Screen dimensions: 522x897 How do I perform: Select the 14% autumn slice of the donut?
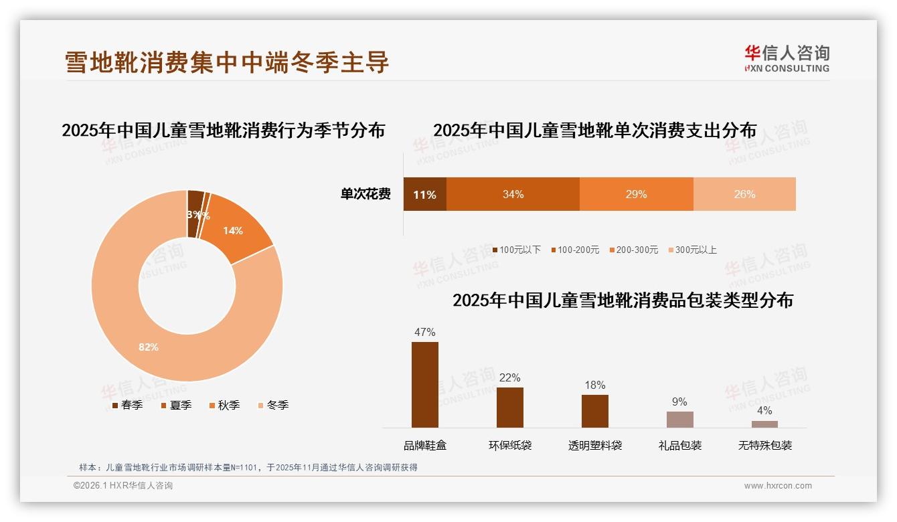click(234, 230)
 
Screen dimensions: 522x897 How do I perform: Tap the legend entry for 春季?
click(127, 405)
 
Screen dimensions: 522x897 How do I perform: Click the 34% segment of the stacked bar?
click(513, 195)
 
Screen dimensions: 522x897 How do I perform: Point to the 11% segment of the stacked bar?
click(424, 195)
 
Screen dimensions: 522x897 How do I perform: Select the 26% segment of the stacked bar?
click(744, 195)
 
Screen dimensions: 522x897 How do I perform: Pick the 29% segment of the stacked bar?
click(636, 195)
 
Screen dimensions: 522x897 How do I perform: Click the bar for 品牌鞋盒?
click(425, 384)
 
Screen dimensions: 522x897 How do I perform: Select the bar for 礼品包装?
click(679, 419)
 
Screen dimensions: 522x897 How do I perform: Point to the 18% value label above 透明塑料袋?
click(594, 385)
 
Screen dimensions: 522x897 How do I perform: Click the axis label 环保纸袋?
click(509, 445)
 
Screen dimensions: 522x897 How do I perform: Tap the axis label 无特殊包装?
click(764, 445)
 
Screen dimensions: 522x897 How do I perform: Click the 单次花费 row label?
click(365, 195)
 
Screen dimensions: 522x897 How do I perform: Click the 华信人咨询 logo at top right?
click(787, 58)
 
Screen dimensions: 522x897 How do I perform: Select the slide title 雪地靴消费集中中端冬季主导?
click(227, 62)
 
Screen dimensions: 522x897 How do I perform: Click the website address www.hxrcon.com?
click(777, 486)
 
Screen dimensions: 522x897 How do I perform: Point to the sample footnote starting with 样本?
click(248, 467)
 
